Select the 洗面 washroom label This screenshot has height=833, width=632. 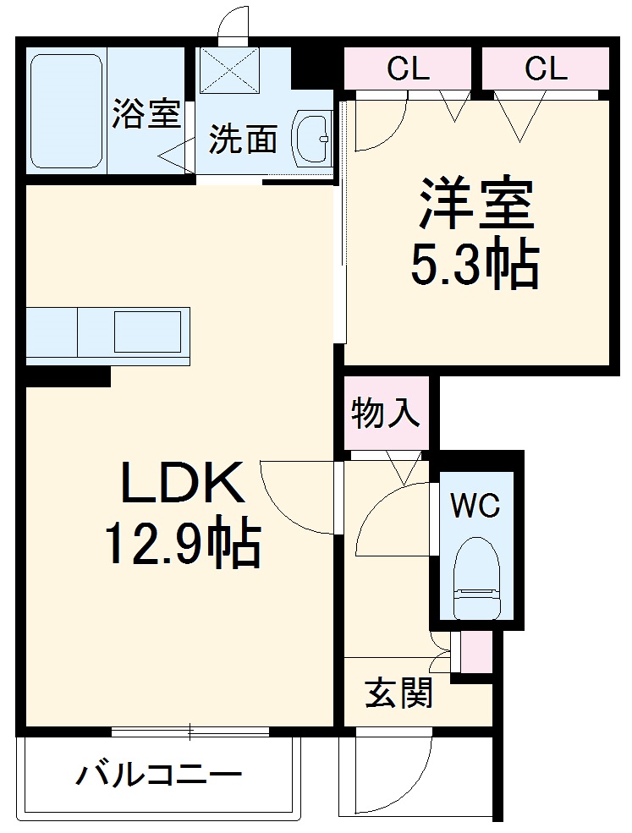pos(243,140)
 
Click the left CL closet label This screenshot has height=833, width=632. pos(409,69)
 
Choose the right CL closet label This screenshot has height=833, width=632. pos(546,69)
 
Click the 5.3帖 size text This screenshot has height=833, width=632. pos(475,266)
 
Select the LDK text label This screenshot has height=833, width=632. pos(183,484)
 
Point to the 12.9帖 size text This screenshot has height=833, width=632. pos(181,545)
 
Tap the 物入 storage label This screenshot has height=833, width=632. pos(386,414)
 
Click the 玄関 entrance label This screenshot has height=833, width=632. pos(399,693)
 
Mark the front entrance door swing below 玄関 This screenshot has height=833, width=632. pos(389,774)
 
